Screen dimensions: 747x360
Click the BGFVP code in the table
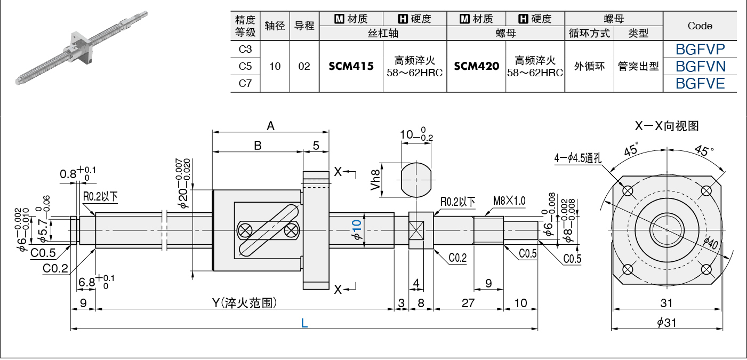(700, 50)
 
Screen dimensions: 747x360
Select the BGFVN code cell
(700, 66)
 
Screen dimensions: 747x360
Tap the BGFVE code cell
(700, 83)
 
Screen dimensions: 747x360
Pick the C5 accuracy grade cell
(245, 66)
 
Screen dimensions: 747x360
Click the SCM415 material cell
(351, 66)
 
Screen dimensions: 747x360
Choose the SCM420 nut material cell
(476, 66)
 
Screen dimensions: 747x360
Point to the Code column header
(700, 26)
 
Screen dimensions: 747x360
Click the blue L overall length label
(304, 323)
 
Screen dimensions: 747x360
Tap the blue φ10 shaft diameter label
(357, 230)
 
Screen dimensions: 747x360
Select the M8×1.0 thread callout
(509, 201)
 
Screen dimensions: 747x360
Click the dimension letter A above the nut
(270, 126)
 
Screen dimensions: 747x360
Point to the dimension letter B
(258, 146)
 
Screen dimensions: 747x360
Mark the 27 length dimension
(468, 303)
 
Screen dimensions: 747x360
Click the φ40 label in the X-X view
(710, 243)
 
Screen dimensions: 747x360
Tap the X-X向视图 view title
(666, 126)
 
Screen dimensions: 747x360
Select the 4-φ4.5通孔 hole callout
(578, 157)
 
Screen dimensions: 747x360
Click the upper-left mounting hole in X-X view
(628, 191)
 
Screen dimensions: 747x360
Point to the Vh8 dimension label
(375, 180)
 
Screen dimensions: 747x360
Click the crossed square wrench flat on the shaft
(416, 230)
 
